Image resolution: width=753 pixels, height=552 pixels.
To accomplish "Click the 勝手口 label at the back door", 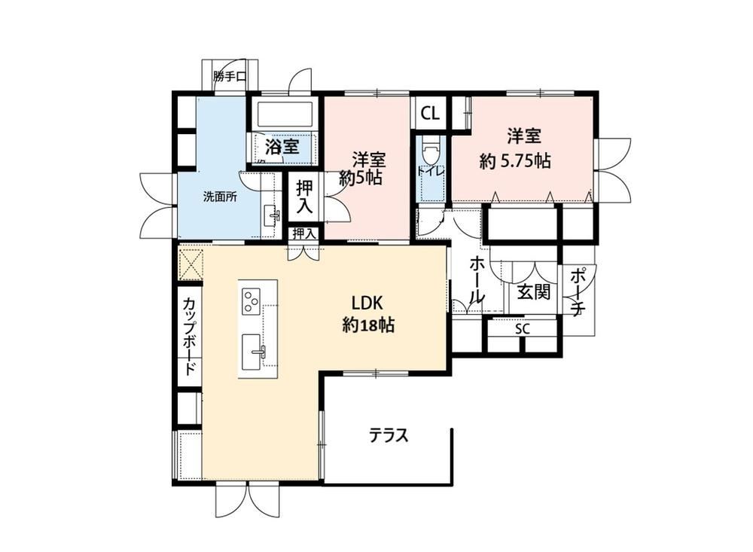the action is click(x=230, y=76).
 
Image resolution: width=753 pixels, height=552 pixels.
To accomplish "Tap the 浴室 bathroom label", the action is click(x=282, y=147).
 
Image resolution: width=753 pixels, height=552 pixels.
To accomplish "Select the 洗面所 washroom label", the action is click(x=219, y=197).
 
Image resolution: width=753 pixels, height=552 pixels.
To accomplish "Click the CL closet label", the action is click(x=430, y=114).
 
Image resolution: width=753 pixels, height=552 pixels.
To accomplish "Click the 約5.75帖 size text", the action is click(x=515, y=161).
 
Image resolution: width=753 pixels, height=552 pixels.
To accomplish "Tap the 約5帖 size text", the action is click(x=361, y=178).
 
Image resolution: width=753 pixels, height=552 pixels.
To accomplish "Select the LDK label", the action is click(x=367, y=303).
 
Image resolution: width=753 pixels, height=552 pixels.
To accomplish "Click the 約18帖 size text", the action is click(x=368, y=326).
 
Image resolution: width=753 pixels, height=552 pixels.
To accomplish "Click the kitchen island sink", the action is click(x=252, y=352).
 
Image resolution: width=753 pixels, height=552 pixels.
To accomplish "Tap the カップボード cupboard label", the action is click(x=189, y=337).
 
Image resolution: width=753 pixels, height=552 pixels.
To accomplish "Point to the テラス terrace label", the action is click(x=389, y=435).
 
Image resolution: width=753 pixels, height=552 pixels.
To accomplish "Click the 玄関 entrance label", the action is click(x=533, y=291).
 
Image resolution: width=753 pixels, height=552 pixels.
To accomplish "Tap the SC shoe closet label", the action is click(x=522, y=330).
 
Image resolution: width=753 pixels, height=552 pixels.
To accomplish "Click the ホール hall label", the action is click(x=476, y=279).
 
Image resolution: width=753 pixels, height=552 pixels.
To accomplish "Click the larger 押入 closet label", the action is click(x=305, y=197).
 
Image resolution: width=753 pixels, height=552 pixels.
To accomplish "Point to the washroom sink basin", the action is click(x=271, y=215).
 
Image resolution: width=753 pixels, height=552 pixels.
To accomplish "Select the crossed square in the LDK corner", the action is click(x=191, y=264).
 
